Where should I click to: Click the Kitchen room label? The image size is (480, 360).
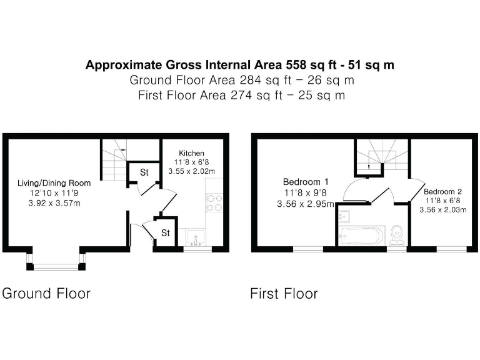[x=191, y=153]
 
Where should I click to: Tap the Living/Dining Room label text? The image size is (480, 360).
[x=54, y=183]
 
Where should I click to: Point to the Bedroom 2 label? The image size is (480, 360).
[x=443, y=191]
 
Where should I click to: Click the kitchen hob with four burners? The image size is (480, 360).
[x=214, y=202]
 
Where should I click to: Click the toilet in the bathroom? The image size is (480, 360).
[x=396, y=236]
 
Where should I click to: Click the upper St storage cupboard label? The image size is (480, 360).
[x=143, y=172]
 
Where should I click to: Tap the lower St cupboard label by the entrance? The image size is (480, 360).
[x=166, y=232]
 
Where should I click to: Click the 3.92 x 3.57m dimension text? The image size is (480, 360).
[x=54, y=203]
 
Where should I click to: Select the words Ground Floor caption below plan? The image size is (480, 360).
[x=47, y=293]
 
